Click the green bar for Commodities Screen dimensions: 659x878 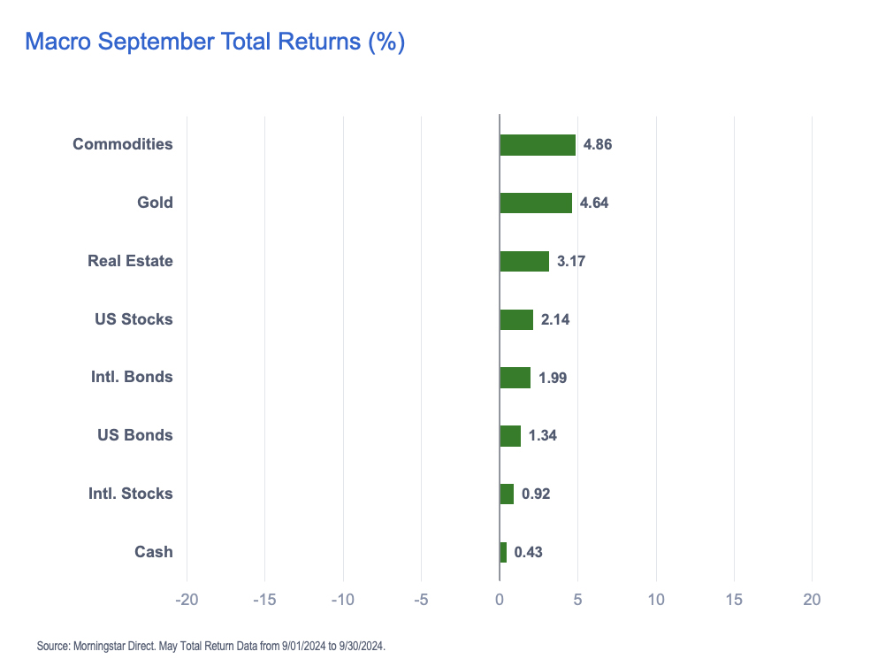tap(538, 145)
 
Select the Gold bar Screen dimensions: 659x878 tap(536, 203)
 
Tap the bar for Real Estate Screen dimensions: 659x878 tap(524, 261)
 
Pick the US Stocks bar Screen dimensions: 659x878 tap(516, 319)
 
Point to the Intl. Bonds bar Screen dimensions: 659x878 tap(515, 378)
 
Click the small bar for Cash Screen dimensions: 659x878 tap(503, 552)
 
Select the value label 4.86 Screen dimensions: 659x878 tap(598, 145)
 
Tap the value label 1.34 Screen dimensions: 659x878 tap(542, 435)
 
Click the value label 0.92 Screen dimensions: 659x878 tap(536, 494)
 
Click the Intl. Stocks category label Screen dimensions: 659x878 tap(130, 494)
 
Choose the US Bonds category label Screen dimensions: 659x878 tap(134, 435)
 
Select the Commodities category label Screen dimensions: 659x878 tap(122, 144)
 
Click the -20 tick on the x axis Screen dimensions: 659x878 tap(187, 600)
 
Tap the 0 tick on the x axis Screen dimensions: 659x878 tap(500, 600)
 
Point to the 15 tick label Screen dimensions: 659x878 tap(734, 600)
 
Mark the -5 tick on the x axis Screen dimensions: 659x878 tap(421, 600)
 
